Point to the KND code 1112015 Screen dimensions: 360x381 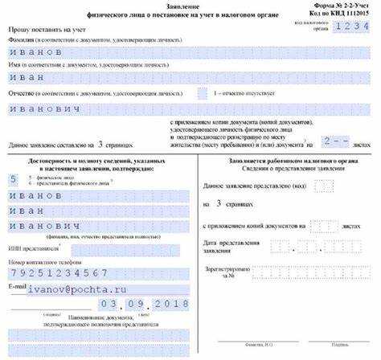point(359,14)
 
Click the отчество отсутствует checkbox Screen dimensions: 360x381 point(203,93)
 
